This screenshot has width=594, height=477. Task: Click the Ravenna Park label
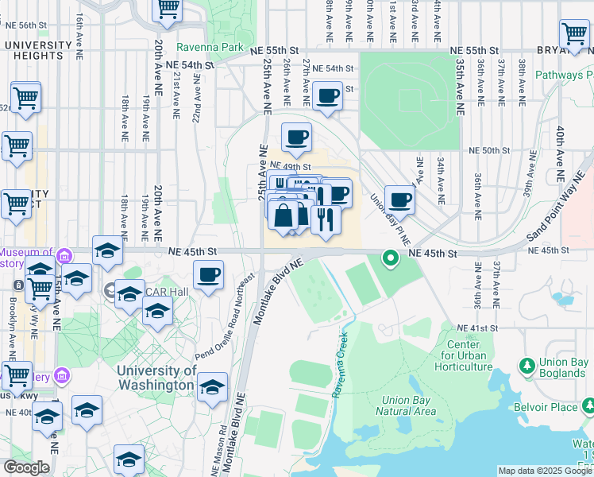pos(210,47)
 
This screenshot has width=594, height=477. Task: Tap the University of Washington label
pos(156,378)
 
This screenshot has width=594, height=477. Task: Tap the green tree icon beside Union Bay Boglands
pos(526,365)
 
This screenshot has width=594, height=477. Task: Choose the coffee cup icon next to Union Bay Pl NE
pos(399,200)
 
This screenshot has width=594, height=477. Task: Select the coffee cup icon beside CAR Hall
pos(209,276)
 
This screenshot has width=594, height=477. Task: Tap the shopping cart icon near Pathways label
pos(574,34)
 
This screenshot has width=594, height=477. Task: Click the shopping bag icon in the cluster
pos(283,215)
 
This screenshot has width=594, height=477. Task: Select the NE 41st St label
pos(477,328)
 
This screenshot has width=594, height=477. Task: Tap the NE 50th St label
pos(488,149)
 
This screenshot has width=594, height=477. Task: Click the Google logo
pos(26,467)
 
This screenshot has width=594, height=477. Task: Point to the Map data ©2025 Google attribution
pos(545,471)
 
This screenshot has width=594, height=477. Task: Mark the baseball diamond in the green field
pos(409,99)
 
